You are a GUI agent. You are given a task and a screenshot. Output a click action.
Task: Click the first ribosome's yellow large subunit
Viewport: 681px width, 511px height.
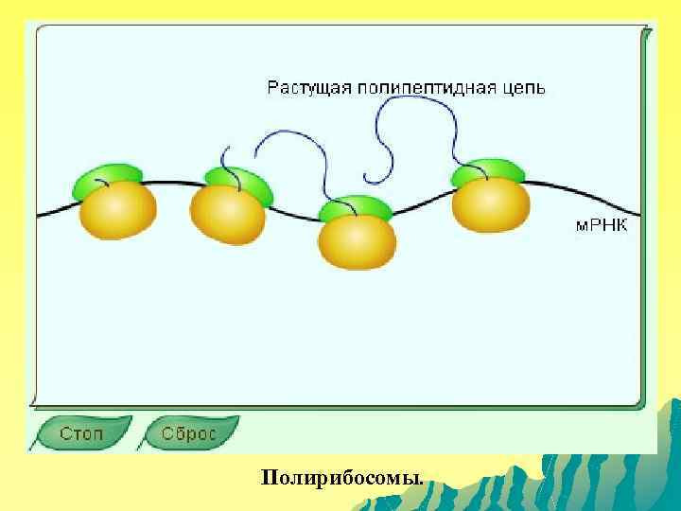[118, 210]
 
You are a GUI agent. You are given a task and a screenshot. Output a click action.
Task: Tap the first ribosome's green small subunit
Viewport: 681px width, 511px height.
[107, 177]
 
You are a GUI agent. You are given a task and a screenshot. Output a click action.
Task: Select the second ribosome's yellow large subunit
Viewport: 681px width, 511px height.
[228, 215]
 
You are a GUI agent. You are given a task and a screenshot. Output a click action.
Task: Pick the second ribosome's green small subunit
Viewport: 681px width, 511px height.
[240, 182]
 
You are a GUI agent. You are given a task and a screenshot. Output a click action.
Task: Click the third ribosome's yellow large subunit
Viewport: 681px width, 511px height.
[356, 242]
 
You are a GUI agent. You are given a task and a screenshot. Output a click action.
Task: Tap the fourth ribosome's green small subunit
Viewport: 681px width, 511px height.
[488, 172]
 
